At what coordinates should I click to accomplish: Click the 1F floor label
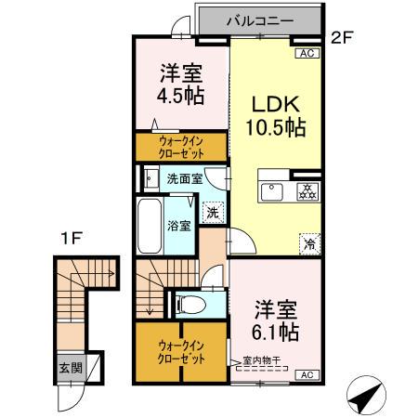tap(73, 238)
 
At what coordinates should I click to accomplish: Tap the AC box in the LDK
tap(307, 55)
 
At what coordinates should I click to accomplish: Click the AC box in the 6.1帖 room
tap(307, 373)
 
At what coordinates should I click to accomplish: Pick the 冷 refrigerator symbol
tap(307, 245)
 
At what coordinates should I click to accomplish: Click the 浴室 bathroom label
tap(180, 225)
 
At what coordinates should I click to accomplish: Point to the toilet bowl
tap(186, 303)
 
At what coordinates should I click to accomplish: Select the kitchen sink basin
tap(274, 192)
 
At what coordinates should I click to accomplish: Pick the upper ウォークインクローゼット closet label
tap(180, 148)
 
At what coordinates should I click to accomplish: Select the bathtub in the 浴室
tap(150, 225)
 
